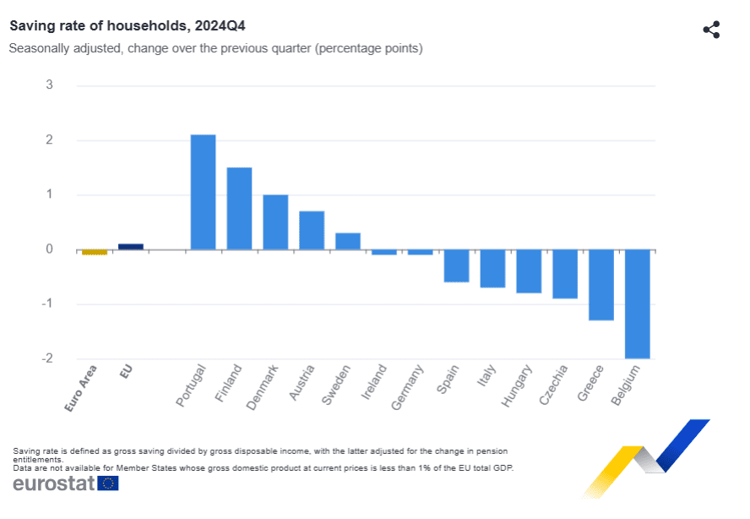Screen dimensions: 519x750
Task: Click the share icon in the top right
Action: coord(711,30)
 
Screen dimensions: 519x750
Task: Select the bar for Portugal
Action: coord(203,192)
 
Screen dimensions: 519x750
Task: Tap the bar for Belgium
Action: coord(638,303)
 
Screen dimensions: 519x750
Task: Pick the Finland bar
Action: coord(239,208)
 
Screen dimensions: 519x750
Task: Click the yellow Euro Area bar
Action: coord(95,252)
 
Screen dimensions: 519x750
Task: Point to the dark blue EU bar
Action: coord(131,247)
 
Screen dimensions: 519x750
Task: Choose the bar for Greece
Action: coord(601,285)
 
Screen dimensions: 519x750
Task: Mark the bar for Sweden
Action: coord(348,241)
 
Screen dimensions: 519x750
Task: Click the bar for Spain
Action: coord(457,265)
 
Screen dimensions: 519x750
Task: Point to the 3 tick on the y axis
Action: coord(50,85)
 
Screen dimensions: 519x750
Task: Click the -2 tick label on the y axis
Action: coord(47,358)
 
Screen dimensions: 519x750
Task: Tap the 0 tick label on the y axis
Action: coord(50,249)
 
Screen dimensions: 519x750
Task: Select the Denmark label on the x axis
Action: coord(263,387)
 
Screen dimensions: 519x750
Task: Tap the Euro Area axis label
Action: coord(81,388)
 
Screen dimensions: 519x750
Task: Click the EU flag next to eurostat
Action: coord(108,483)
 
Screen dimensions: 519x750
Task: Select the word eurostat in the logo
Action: coord(53,483)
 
